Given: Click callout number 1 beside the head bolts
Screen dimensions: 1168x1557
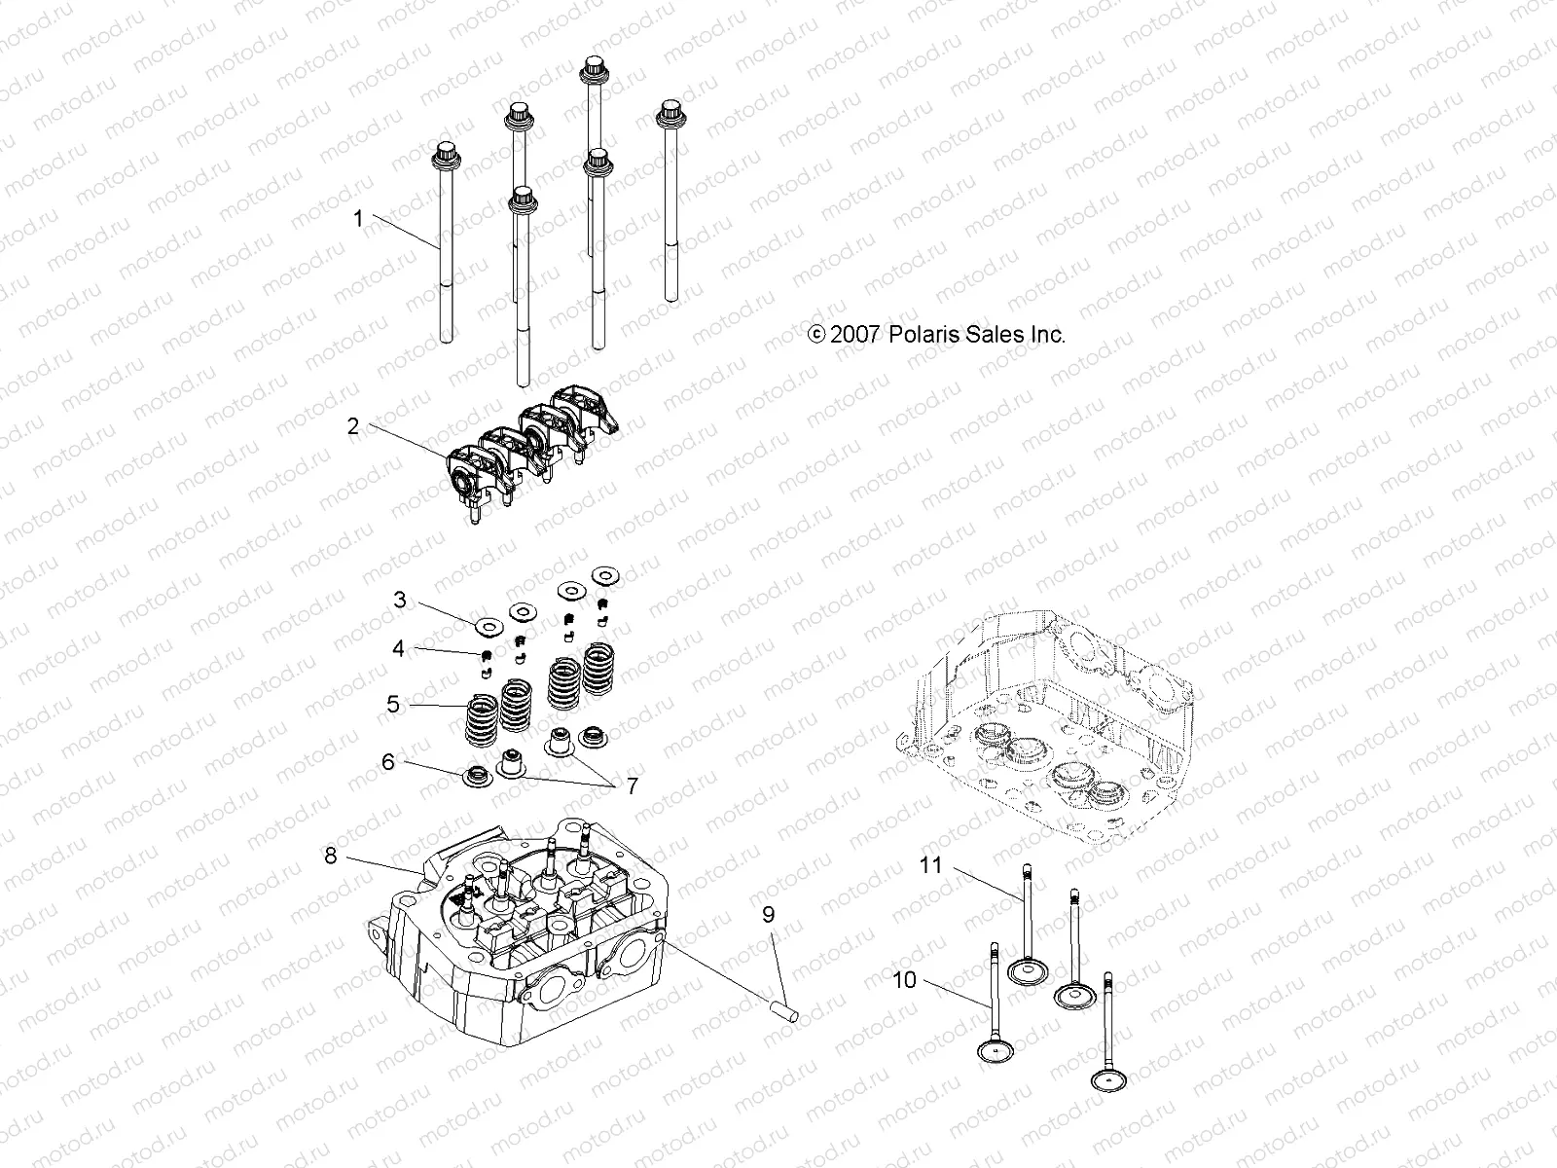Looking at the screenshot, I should (358, 219).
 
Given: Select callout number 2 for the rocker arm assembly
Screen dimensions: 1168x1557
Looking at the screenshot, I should (352, 426).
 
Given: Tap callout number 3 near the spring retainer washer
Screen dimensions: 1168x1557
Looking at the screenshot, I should (400, 600).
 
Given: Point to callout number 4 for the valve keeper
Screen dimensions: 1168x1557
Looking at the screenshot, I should (399, 648).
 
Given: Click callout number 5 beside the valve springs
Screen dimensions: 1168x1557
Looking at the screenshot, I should (393, 704).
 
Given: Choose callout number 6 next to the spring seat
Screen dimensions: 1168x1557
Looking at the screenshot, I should (387, 762).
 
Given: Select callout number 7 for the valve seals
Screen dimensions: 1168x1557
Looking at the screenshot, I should (632, 786).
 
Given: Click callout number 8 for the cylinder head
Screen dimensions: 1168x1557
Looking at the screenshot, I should (331, 856).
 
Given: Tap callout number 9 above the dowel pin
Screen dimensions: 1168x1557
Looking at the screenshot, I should (768, 915).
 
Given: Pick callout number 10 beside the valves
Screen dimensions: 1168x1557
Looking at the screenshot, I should (904, 980).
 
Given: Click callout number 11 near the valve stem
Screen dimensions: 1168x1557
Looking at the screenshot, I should (931, 864).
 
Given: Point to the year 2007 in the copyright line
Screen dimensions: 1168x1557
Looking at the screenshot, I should (856, 335).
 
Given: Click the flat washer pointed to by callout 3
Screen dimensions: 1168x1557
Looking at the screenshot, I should (488, 623).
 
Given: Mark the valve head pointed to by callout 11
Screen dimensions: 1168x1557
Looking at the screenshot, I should (1025, 970).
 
